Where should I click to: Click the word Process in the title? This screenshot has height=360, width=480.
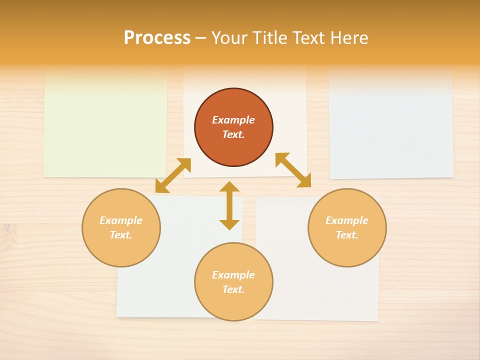click(x=157, y=38)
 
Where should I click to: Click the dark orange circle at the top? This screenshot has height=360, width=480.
click(x=233, y=127)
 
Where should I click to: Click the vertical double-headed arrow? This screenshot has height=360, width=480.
click(x=229, y=206)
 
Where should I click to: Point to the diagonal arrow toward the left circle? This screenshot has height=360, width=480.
click(x=173, y=175)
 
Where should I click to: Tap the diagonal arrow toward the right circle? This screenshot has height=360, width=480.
click(x=293, y=170)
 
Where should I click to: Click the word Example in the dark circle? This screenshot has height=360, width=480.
click(x=233, y=120)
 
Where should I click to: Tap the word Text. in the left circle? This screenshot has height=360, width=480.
click(x=121, y=235)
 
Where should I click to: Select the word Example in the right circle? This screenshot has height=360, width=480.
click(x=347, y=220)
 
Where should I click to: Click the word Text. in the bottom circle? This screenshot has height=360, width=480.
click(x=233, y=289)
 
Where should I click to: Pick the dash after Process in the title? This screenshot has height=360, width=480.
click(x=200, y=38)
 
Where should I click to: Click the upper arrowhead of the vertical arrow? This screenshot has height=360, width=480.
click(x=229, y=187)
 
